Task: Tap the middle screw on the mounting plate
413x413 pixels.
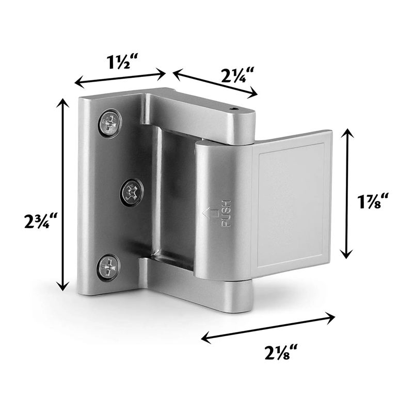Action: (131, 193)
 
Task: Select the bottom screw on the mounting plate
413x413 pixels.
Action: (108, 267)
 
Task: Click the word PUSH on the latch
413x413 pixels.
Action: (226, 213)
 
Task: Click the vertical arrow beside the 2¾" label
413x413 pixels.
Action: (63, 195)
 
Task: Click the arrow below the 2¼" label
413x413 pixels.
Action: (215, 84)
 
